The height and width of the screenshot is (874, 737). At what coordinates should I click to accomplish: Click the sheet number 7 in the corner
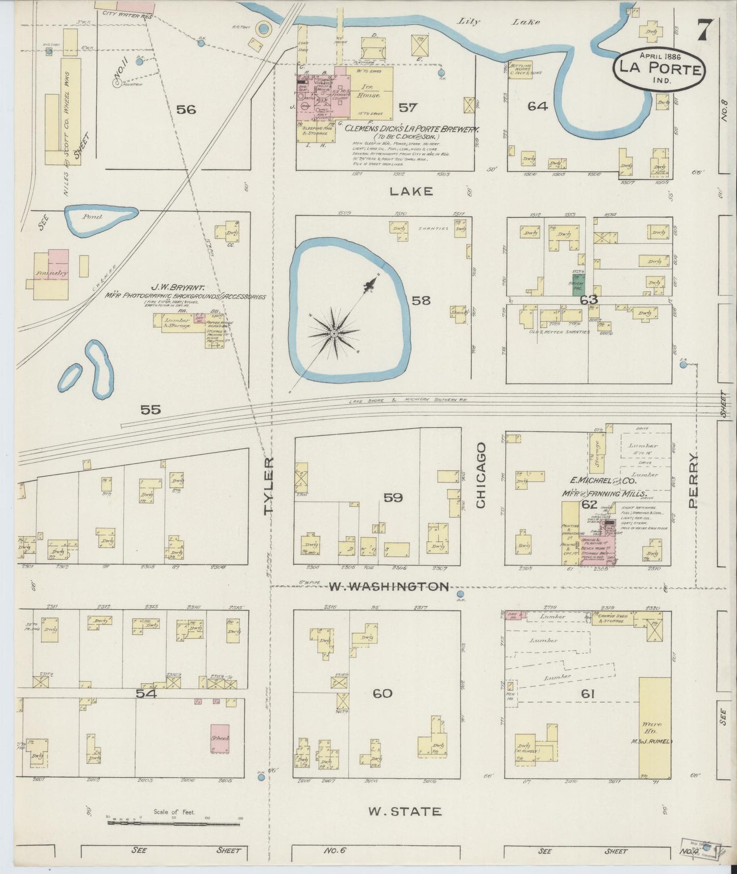tap(705, 29)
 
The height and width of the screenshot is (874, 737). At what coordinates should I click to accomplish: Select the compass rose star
tap(333, 333)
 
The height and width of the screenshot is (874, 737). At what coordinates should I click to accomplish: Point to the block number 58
tap(421, 300)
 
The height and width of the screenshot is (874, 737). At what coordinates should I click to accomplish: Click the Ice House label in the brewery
tap(369, 91)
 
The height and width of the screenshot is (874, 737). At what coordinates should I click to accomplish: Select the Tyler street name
tap(270, 485)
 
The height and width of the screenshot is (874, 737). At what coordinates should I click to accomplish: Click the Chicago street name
tap(480, 475)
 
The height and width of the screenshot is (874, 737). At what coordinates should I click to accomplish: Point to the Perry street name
tap(693, 480)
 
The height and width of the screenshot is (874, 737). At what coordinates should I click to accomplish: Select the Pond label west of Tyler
tap(93, 217)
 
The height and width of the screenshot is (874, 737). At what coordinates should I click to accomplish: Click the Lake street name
tap(404, 191)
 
